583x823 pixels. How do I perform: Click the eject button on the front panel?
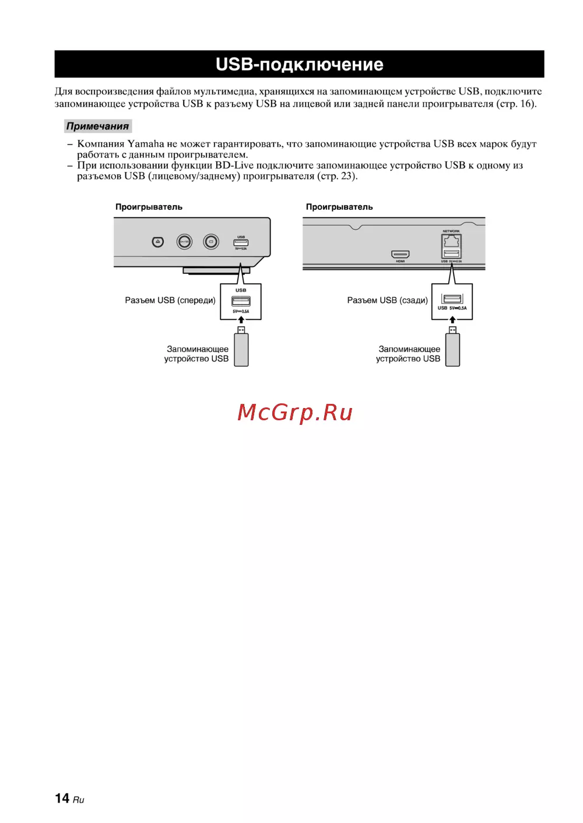(157, 241)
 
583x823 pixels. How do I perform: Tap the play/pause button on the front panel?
(184, 241)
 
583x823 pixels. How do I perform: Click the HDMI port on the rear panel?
(400, 254)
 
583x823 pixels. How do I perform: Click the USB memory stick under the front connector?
(241, 348)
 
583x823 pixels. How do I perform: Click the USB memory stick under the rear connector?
(452, 348)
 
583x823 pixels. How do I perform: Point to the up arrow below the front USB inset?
(241, 320)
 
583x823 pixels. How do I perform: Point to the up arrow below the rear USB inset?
(452, 320)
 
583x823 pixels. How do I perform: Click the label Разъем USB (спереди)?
(170, 300)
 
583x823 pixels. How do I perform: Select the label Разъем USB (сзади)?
(387, 300)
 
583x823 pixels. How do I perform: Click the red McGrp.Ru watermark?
(295, 413)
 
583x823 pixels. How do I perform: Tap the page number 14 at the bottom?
(62, 798)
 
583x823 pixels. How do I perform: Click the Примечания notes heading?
(97, 126)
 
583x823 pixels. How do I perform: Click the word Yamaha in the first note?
(146, 144)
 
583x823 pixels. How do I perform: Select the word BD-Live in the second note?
(234, 166)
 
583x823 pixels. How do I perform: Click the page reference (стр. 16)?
(516, 104)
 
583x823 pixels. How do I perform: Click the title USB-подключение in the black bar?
(299, 64)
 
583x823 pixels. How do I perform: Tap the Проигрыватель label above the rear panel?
(339, 207)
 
